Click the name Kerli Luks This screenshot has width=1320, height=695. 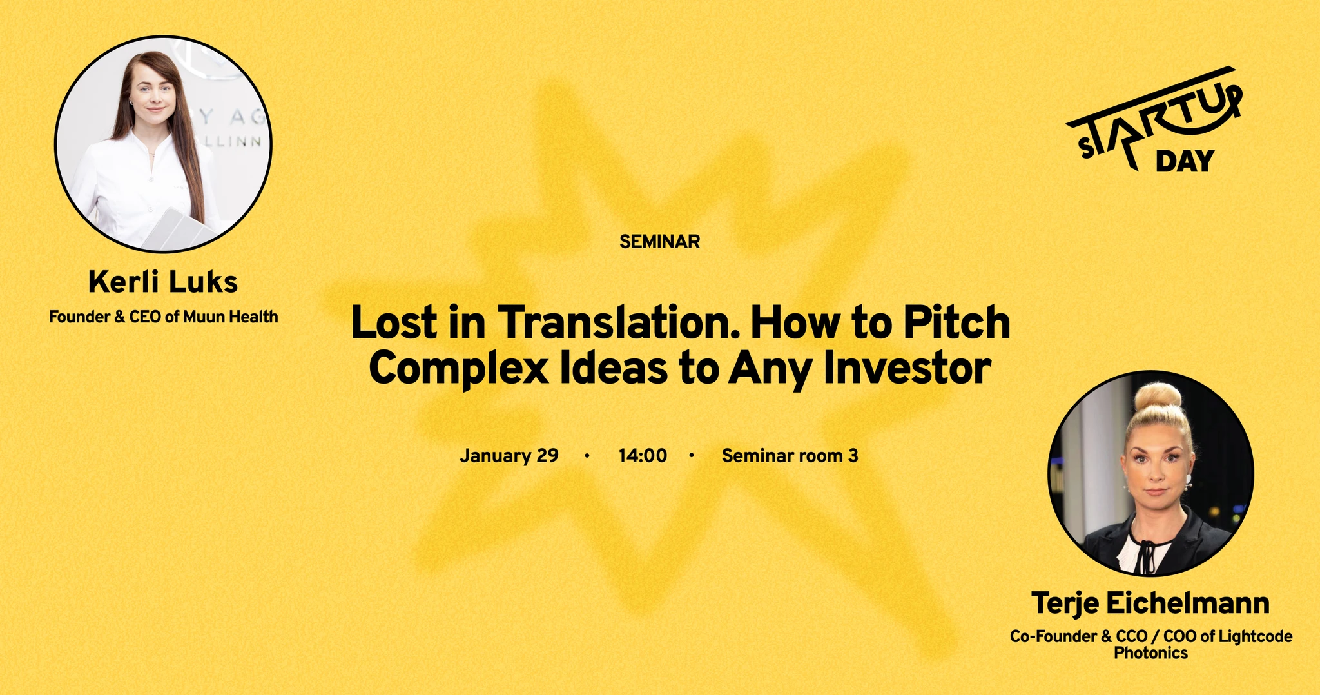tap(163, 282)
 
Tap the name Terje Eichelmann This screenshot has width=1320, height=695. tap(1150, 603)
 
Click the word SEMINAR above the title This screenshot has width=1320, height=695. tap(659, 242)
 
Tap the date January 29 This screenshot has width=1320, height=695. tap(509, 456)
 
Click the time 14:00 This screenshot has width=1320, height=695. tap(643, 456)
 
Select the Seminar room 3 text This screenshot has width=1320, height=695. tap(790, 456)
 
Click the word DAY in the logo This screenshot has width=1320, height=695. tap(1185, 161)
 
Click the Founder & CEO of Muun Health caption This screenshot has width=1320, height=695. tap(164, 317)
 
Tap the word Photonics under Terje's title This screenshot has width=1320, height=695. tap(1150, 652)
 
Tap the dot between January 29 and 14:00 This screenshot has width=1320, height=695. tap(587, 456)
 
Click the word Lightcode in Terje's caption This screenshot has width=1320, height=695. tap(1256, 636)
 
